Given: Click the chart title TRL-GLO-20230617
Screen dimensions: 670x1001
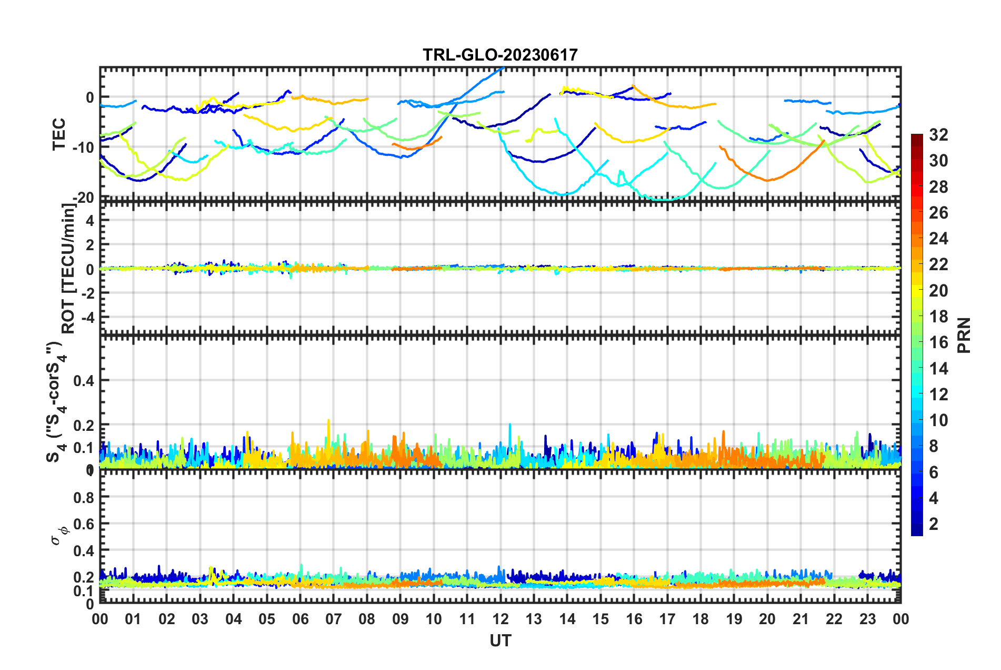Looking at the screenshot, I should click(500, 55).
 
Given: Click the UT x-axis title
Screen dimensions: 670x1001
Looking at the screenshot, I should click(500, 641).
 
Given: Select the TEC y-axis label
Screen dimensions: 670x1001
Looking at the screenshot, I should click(59, 134).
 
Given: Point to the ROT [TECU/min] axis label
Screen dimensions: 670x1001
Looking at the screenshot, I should click(68, 269).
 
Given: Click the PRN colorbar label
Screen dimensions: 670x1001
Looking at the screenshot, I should click(964, 336).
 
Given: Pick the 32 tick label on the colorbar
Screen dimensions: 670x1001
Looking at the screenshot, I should click(938, 135).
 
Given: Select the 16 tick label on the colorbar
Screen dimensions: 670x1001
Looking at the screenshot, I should click(938, 342).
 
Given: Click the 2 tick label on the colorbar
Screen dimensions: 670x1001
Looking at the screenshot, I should click(934, 524).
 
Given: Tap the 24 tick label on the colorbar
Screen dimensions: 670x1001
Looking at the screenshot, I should click(938, 239).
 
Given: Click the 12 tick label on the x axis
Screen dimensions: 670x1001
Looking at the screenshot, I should click(500, 619).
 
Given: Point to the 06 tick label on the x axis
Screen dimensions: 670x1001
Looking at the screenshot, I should click(300, 619).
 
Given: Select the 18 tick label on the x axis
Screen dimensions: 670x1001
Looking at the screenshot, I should click(700, 619).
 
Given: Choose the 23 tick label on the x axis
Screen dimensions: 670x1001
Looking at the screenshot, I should click(867, 619).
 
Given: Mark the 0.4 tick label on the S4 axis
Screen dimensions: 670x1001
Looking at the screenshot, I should click(84, 380).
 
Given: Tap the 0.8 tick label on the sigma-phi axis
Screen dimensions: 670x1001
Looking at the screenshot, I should click(84, 497).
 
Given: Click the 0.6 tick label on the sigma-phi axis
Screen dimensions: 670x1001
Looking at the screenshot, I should click(84, 524).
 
